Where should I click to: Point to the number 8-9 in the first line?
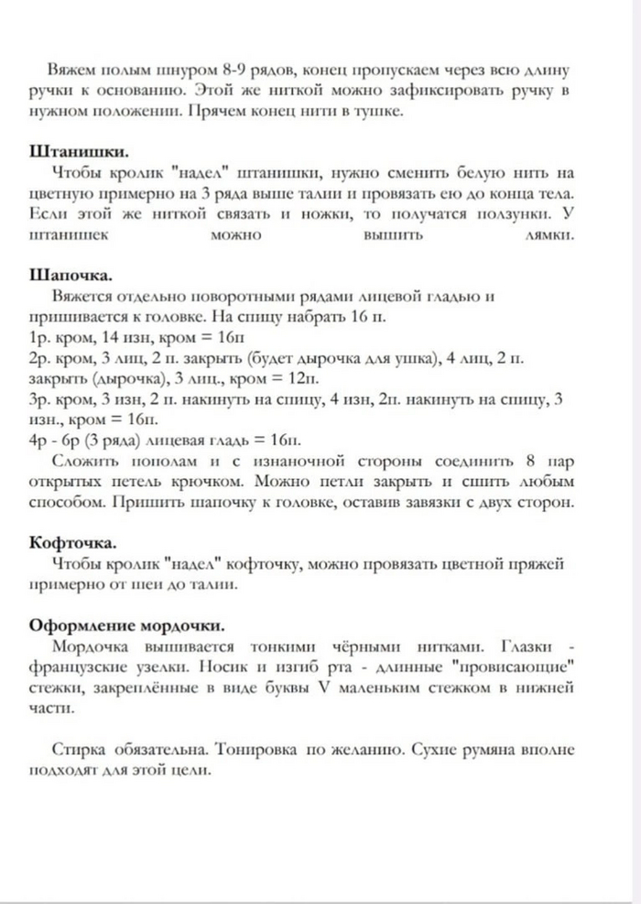[x=244, y=70]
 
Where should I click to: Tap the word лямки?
[x=550, y=234]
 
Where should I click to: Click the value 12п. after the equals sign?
[x=301, y=378]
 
